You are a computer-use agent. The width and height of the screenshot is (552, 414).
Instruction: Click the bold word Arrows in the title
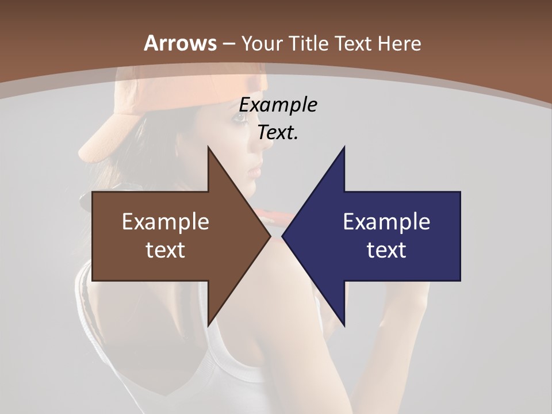pos(180,43)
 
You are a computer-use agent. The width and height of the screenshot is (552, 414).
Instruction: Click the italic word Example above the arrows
pos(278,105)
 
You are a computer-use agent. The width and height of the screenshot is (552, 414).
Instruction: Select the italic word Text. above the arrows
pos(278,132)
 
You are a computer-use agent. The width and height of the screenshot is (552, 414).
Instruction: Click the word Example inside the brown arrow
pos(165,222)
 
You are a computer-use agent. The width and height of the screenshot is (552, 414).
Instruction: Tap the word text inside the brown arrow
pos(165,250)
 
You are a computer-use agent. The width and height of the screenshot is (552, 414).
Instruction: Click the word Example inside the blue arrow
pos(386,222)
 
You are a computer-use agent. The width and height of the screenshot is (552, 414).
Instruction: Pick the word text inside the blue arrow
pos(386,250)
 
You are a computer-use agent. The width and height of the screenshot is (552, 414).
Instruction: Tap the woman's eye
pos(237,118)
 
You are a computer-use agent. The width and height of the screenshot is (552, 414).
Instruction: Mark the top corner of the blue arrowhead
pos(344,148)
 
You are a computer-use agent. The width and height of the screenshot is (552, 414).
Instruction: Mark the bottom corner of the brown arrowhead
pos(208,325)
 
